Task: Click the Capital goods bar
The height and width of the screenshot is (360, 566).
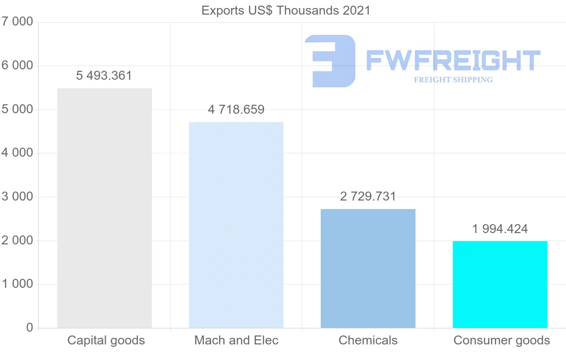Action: (104, 208)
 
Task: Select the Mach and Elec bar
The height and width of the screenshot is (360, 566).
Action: (236, 225)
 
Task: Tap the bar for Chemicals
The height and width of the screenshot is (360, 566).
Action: (368, 268)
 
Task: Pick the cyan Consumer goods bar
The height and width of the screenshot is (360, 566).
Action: (500, 284)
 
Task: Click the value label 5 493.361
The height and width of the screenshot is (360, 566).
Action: (104, 75)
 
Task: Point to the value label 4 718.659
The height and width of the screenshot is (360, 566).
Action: (236, 110)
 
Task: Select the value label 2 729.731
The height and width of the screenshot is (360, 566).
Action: (368, 197)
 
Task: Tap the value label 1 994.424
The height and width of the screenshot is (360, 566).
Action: (500, 229)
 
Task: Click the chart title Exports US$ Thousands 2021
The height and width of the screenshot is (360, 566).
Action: (286, 10)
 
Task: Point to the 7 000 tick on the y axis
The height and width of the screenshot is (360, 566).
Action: (17, 22)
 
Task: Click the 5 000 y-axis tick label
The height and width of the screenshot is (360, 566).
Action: (17, 109)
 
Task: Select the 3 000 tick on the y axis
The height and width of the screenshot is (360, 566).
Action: (17, 197)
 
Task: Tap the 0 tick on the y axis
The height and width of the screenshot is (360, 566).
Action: (29, 328)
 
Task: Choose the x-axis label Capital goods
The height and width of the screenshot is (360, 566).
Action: (106, 340)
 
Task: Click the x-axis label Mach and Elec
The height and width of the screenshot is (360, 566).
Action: (236, 340)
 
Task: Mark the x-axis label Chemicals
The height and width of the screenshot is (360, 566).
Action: (368, 340)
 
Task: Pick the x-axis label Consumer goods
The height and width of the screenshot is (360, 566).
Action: (501, 340)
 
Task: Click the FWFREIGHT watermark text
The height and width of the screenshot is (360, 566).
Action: (453, 60)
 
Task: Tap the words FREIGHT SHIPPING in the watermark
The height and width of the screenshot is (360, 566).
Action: (453, 80)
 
